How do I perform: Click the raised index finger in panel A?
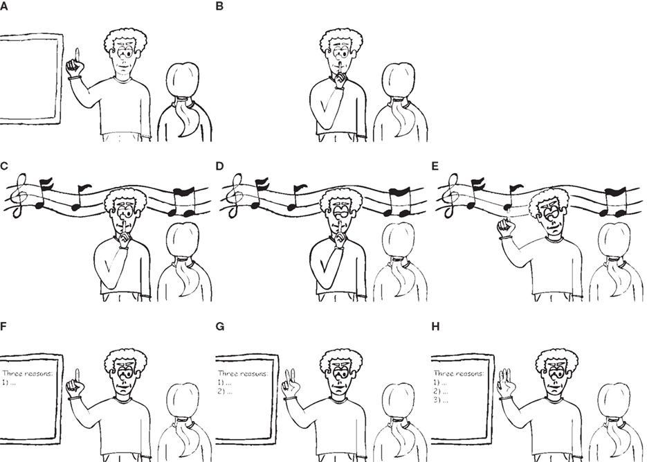pos(78,54)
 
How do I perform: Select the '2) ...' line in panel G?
pos(225,391)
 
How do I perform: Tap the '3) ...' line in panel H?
pos(441,400)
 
